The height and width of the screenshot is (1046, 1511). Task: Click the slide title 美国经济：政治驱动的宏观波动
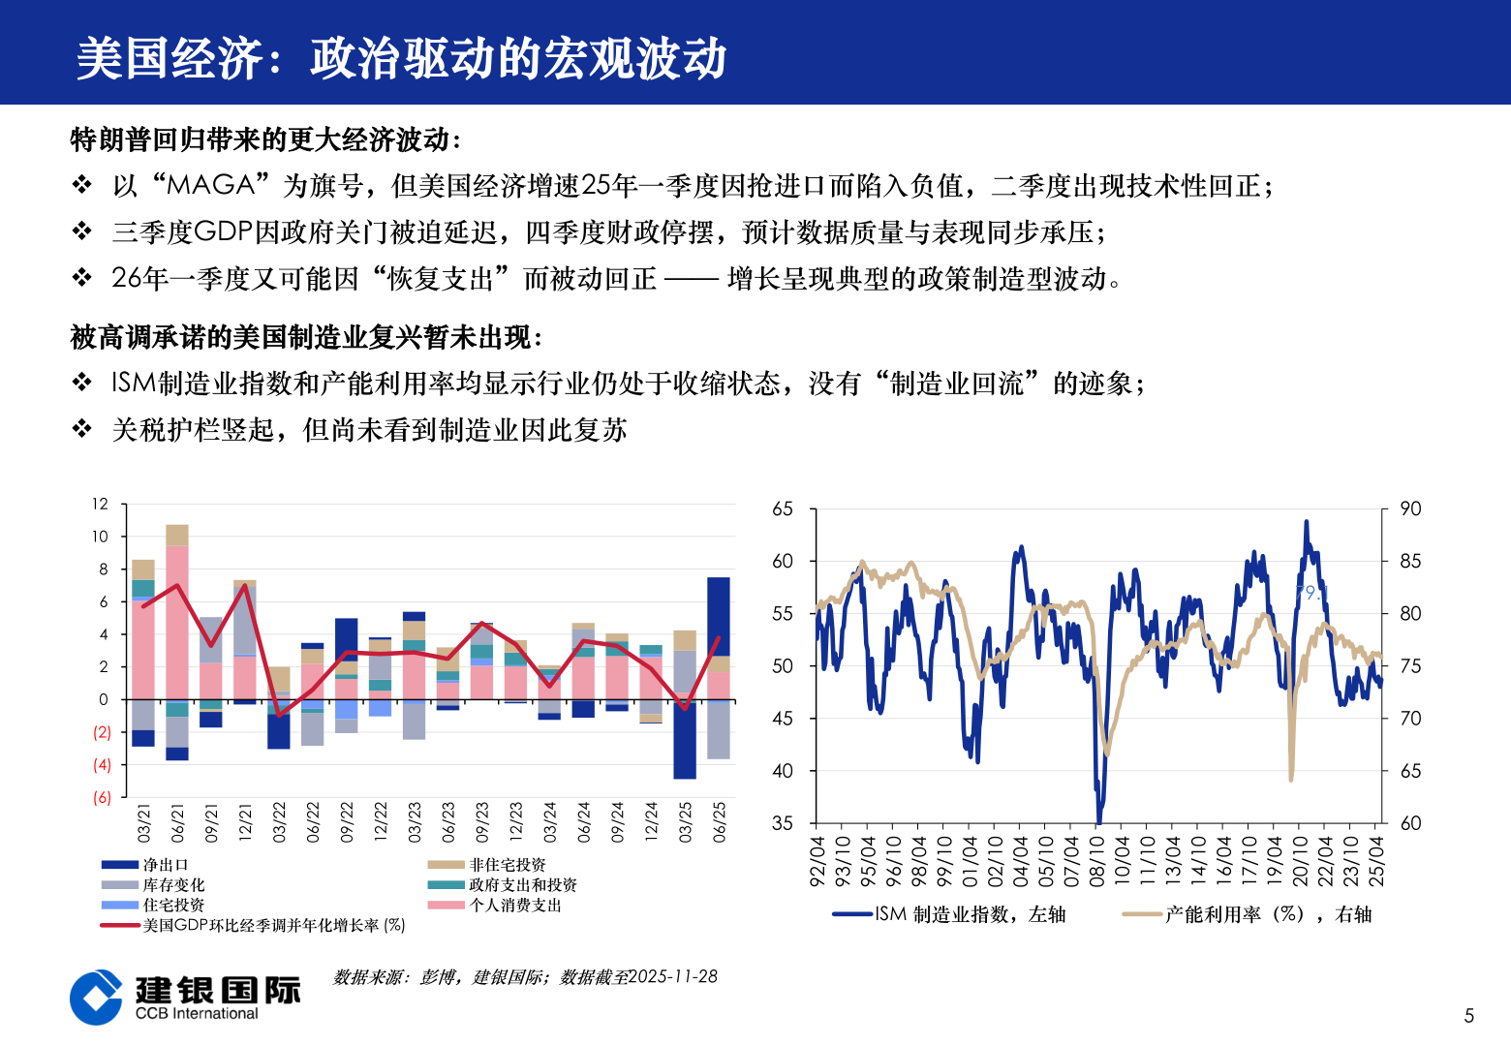point(401,58)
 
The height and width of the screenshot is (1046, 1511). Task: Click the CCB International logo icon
point(97,998)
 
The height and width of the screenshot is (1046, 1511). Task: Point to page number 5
point(1468,1016)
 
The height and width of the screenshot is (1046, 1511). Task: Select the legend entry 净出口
point(165,865)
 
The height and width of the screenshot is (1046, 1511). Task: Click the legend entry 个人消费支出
point(514,906)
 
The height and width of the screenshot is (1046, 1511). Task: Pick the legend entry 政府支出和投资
point(522,885)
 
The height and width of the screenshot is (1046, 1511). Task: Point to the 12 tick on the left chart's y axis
point(101,504)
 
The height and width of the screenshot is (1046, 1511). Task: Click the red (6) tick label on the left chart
point(102,797)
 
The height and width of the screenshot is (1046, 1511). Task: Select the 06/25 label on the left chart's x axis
point(719,822)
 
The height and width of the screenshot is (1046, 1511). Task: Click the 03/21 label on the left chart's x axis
point(143,822)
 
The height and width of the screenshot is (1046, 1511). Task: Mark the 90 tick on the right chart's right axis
point(1410,509)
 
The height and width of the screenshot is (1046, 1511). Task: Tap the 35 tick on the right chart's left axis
point(782,823)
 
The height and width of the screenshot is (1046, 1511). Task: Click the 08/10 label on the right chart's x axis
point(1096,861)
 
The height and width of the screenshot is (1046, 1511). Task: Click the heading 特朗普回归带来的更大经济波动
point(263,139)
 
